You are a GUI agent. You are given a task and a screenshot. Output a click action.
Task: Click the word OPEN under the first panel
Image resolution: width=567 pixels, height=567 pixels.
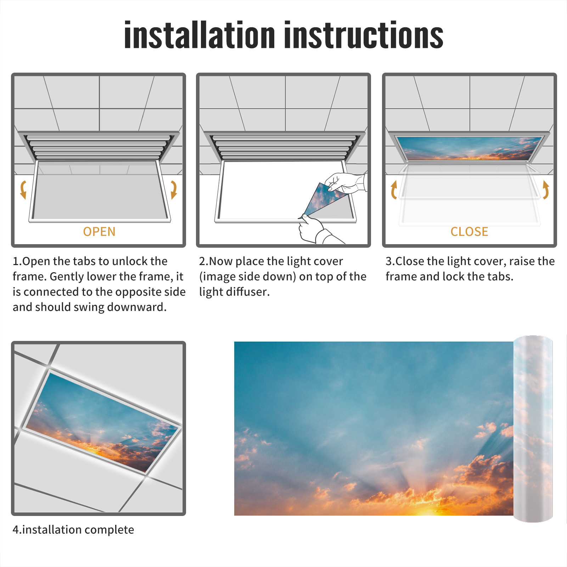(99, 232)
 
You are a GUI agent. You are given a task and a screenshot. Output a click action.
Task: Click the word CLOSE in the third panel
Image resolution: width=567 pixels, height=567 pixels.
(469, 232)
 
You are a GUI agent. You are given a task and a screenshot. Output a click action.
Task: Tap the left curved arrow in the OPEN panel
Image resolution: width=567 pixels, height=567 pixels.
(23, 190)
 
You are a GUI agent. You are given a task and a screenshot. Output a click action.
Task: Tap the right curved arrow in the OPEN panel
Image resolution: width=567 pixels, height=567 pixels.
(174, 190)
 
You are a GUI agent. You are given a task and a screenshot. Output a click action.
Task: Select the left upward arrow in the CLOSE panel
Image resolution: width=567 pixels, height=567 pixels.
(394, 190)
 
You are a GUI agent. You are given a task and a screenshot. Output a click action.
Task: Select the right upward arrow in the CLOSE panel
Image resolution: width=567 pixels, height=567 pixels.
(546, 190)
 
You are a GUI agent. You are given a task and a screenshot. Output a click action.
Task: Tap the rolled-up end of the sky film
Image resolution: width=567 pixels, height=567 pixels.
(533, 429)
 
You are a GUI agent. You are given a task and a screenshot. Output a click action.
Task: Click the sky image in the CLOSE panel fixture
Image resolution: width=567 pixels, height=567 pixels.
(469, 148)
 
